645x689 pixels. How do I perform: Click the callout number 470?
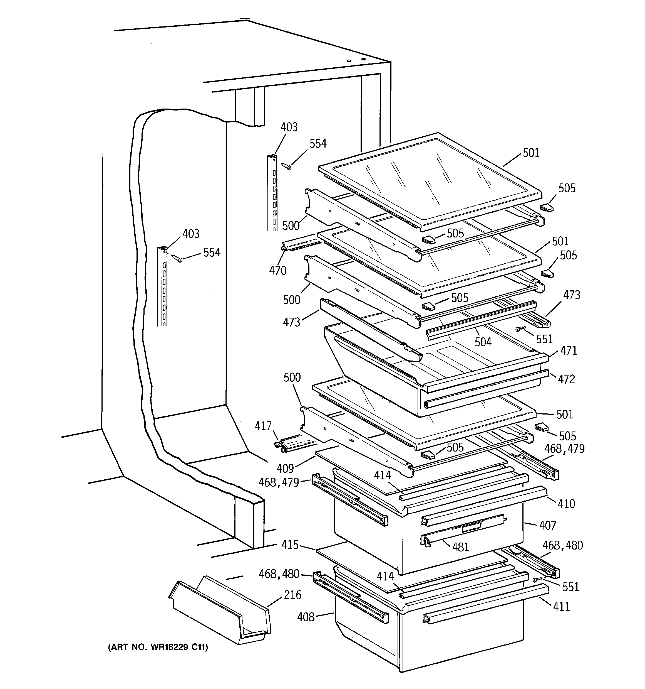click(x=278, y=270)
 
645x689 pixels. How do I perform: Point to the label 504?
click(x=483, y=342)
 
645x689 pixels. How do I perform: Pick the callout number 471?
click(x=569, y=350)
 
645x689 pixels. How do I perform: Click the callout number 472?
click(x=566, y=379)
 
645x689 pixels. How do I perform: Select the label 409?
click(x=285, y=468)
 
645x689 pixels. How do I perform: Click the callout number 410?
click(x=566, y=503)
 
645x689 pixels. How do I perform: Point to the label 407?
click(x=547, y=525)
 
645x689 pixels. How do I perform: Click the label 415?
click(x=290, y=545)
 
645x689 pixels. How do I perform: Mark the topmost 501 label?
click(x=531, y=153)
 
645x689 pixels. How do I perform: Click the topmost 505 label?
click(x=567, y=188)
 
